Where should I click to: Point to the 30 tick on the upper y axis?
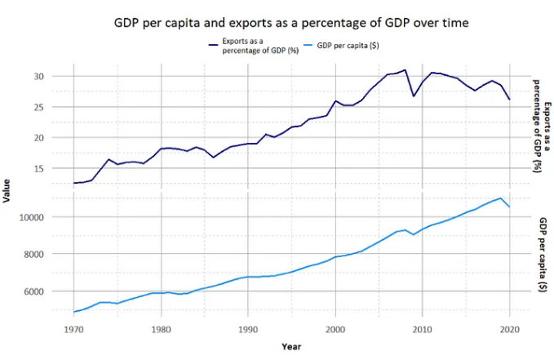pos(60,77)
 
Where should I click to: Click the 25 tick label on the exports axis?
pos(60,107)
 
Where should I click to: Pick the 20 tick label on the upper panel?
pos(60,138)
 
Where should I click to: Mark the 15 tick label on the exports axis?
pos(60,169)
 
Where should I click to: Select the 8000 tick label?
pos(56,254)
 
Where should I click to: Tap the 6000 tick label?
pos(56,291)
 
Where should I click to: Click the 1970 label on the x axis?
pos(73,330)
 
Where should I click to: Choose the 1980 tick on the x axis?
pos(160,330)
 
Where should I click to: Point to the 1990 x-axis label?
pos(247,330)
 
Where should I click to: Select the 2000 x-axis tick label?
pos(335,330)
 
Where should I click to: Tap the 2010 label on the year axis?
pos(422,330)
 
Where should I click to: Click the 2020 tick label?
pos(509,330)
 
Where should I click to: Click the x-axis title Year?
pos(291,347)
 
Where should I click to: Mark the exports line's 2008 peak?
pos(405,70)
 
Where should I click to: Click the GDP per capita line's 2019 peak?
pos(500,198)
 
